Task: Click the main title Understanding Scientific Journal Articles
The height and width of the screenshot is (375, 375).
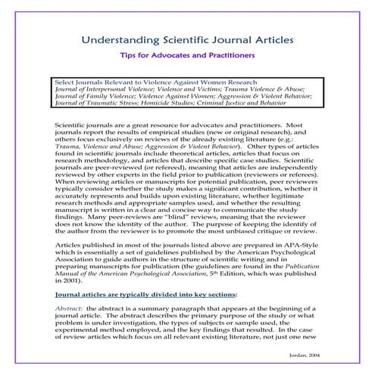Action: coord(187,36)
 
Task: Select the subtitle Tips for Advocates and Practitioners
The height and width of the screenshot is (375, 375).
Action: coord(187,55)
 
